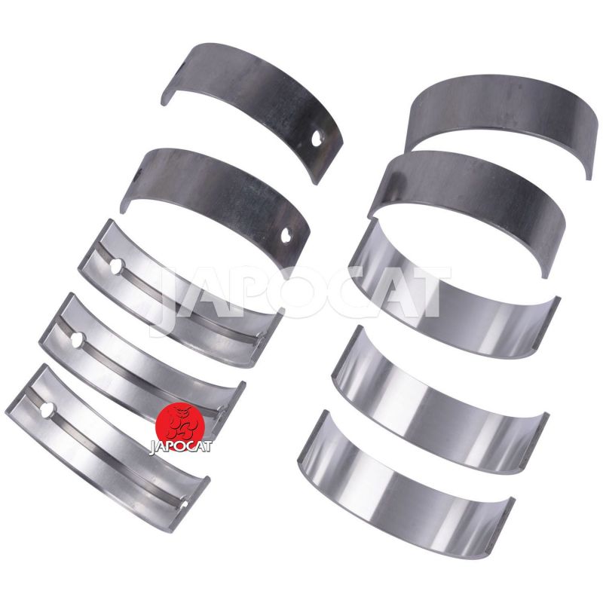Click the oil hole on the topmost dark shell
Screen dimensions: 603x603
point(317,139)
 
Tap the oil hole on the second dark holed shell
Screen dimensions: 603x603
point(286,235)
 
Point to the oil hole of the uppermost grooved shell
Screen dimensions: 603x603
point(116,266)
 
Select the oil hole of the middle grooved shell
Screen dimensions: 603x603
point(77,340)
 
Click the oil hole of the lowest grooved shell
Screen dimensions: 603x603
point(48,410)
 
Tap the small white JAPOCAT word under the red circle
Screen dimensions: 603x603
point(180,447)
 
